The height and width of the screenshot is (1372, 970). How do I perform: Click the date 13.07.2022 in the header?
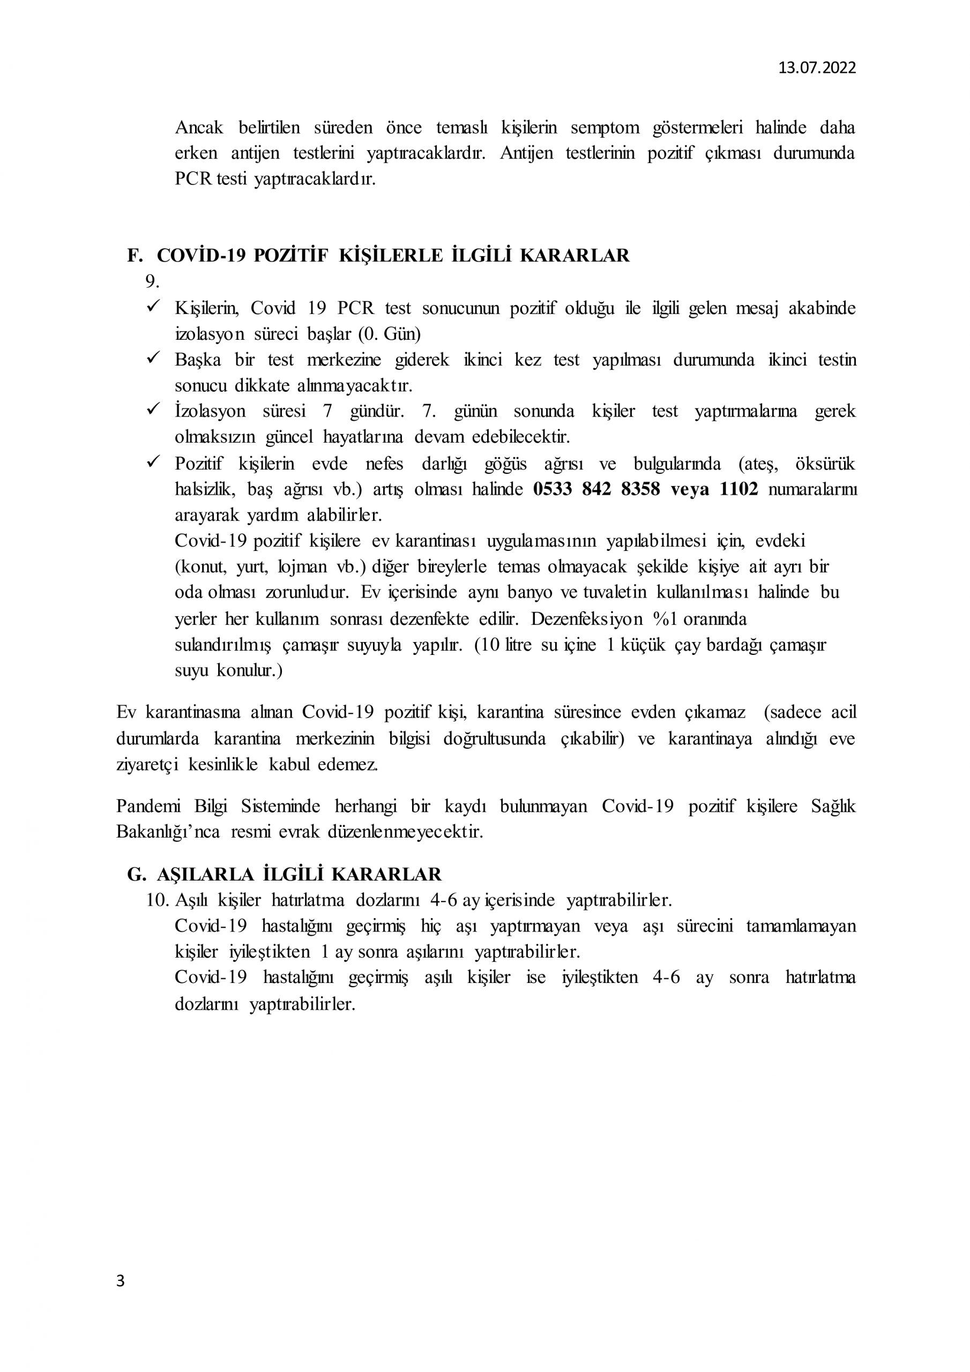(x=816, y=68)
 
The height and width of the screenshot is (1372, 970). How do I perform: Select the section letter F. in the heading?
(x=136, y=256)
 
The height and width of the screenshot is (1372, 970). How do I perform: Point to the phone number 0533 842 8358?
(x=596, y=489)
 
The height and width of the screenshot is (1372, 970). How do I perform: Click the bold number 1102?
(x=740, y=489)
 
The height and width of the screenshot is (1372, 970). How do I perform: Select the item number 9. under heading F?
(x=152, y=281)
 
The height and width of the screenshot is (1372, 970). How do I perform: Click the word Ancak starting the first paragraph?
(x=199, y=128)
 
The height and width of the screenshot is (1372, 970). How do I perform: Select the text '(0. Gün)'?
(x=390, y=334)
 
